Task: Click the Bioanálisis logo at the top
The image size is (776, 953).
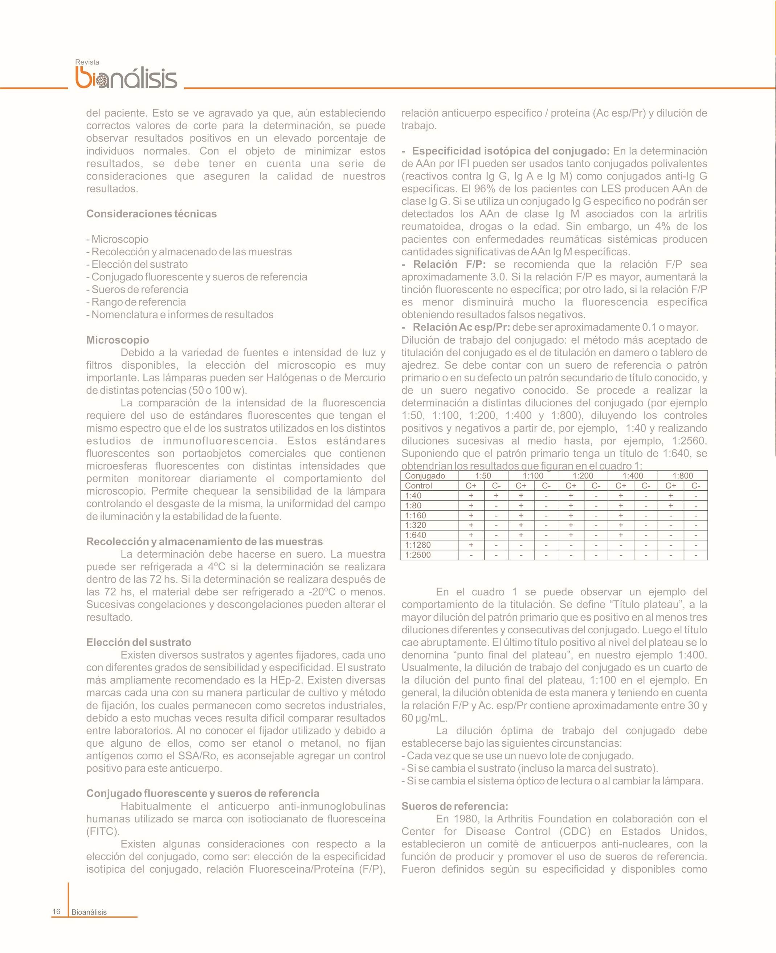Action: (127, 78)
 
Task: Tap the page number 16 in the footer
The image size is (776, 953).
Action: (56, 911)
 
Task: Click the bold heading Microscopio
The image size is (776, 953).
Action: (118, 340)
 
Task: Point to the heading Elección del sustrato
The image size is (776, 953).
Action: (139, 642)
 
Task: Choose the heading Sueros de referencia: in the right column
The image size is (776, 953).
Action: (455, 806)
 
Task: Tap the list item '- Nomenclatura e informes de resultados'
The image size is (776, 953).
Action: (180, 315)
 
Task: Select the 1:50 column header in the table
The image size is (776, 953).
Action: (483, 476)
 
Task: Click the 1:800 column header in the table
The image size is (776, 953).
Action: (683, 476)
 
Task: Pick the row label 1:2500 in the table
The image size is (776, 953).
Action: (418, 555)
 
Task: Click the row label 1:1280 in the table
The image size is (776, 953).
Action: (418, 545)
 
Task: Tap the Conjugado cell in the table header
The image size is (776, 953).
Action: (425, 476)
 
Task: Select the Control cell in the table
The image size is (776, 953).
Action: (418, 486)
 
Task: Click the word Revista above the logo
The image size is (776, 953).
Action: (87, 62)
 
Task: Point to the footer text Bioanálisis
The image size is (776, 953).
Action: (89, 912)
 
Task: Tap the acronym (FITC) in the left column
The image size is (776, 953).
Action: (103, 832)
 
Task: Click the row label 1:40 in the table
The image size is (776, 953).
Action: (413, 495)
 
